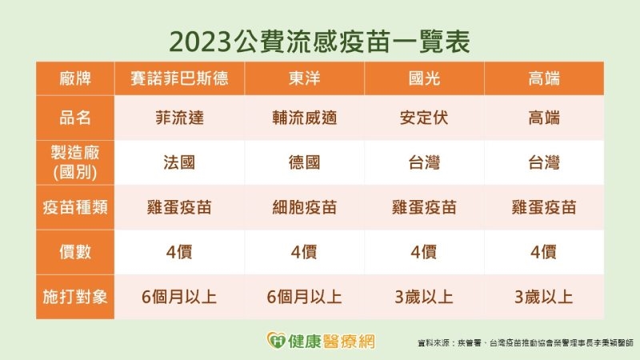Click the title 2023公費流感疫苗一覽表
tap(320, 38)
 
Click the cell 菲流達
tap(184, 118)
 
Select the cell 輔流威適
tap(304, 118)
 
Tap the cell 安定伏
tap(424, 118)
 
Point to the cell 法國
tap(184, 162)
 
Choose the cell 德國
tap(304, 162)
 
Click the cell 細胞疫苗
tap(304, 207)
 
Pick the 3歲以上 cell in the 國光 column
tap(424, 297)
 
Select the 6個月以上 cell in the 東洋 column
tap(304, 297)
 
